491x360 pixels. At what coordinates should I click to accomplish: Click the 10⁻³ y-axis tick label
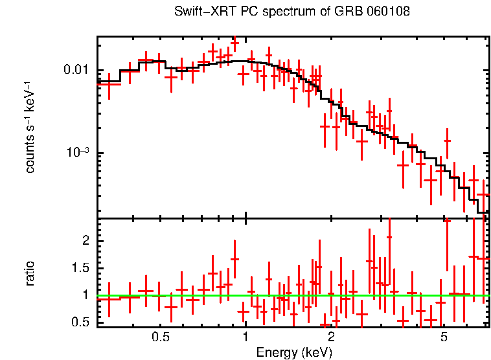pos(80,153)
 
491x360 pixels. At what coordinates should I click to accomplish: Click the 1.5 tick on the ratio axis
pos(82,268)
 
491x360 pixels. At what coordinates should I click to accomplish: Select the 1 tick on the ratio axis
pos(86,295)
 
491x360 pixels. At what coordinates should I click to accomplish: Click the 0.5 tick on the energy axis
pos(161,337)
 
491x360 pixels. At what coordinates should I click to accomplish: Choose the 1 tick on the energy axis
pos(245,337)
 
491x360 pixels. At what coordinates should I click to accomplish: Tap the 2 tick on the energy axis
pos(330,337)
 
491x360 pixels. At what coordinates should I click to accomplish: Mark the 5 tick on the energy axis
pos(444,337)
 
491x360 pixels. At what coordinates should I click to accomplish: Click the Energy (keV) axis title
pos(294,353)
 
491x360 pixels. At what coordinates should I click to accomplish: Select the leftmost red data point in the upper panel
pos(109,84)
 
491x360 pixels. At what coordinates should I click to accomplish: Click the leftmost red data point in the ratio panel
pos(109,299)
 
